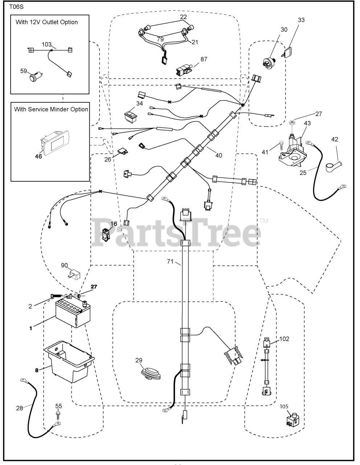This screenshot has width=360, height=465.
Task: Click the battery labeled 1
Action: (x=72, y=313)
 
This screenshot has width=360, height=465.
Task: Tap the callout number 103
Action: (x=46, y=44)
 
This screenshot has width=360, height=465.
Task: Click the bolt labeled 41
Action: (x=280, y=146)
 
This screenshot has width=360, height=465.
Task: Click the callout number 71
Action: (x=170, y=262)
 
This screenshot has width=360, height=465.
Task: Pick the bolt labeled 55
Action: (x=58, y=416)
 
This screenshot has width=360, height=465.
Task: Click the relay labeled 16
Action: (x=106, y=234)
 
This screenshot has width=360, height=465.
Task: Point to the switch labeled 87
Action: (x=183, y=69)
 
